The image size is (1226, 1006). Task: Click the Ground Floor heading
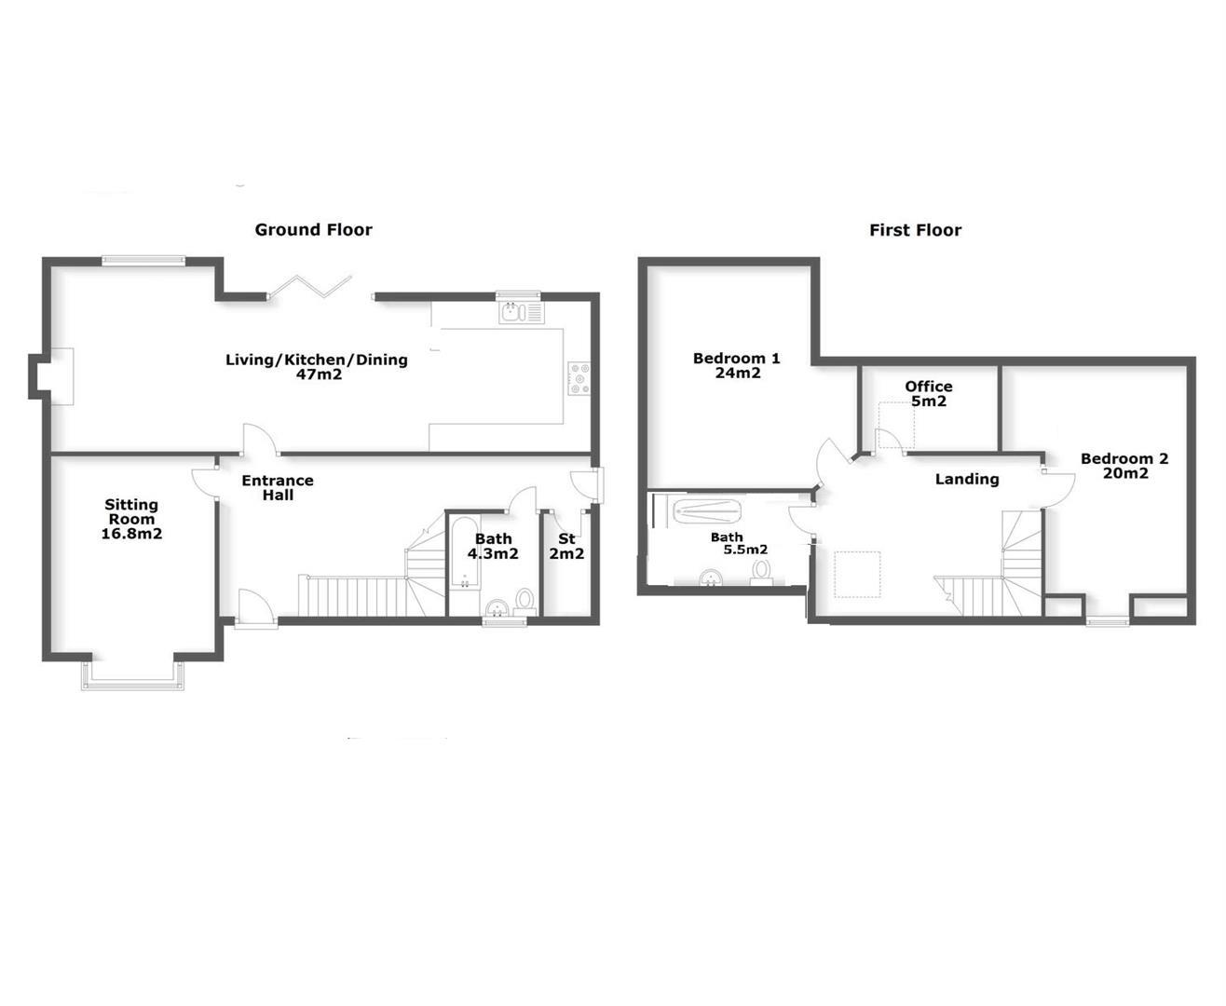pyautogui.click(x=313, y=230)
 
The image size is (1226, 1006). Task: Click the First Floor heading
pyautogui.click(x=915, y=230)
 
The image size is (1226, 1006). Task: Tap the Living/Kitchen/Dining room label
pyautogui.click(x=317, y=360)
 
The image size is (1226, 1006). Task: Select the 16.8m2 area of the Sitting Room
pyautogui.click(x=131, y=534)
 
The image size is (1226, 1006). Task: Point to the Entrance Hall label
pyautogui.click(x=278, y=487)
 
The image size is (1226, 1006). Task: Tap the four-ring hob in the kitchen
pyautogui.click(x=579, y=377)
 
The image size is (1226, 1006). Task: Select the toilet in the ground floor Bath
pyautogui.click(x=524, y=598)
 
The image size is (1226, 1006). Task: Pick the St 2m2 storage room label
pyautogui.click(x=566, y=546)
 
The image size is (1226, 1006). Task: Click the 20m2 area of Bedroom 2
pyautogui.click(x=1124, y=473)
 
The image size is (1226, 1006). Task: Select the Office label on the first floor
pyautogui.click(x=928, y=387)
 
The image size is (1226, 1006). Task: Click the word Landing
pyautogui.click(x=967, y=479)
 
